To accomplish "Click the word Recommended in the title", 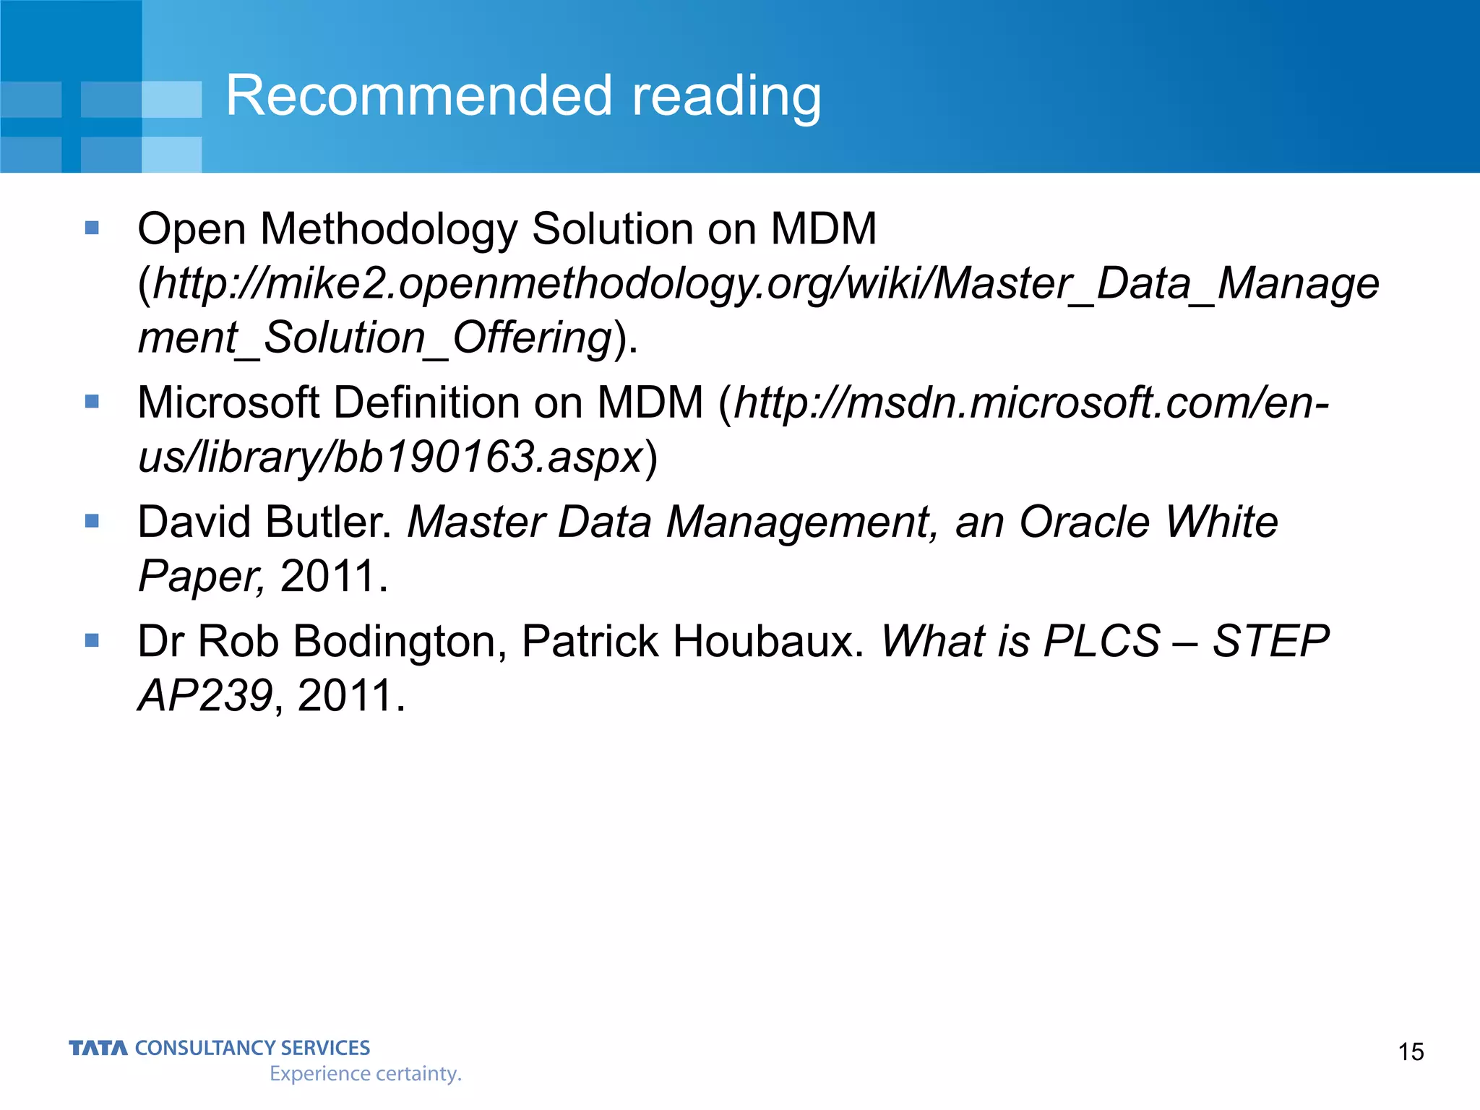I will (x=419, y=95).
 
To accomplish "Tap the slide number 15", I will (x=1411, y=1051).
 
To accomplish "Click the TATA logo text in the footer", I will (x=98, y=1048).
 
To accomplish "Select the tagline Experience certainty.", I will (x=365, y=1074).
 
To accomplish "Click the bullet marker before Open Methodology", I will (x=92, y=228).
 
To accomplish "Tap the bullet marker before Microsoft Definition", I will (x=92, y=401).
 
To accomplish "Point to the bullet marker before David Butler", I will (x=92, y=521).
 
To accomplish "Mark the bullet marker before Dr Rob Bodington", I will (x=92, y=640).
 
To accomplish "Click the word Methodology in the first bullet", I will (x=388, y=230).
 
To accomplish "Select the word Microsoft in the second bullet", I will (x=228, y=402).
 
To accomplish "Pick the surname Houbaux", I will (x=765, y=641).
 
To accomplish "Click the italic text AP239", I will (x=205, y=695).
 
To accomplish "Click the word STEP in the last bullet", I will (x=1270, y=641).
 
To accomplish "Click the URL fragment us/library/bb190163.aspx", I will (x=390, y=457).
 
